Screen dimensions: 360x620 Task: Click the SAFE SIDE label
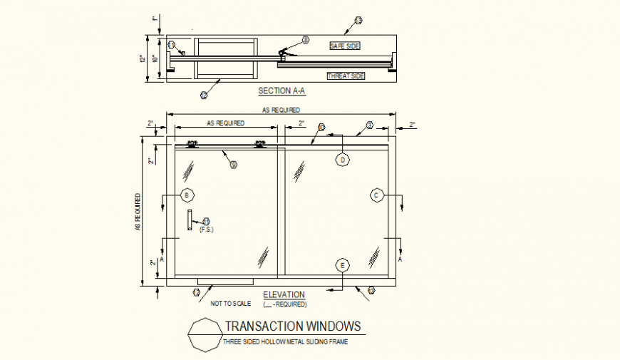[345, 46]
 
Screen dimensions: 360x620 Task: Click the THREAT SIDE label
[346, 76]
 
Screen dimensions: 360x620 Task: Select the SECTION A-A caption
[281, 92]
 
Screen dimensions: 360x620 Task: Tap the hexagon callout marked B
[187, 195]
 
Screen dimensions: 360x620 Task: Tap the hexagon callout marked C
[377, 195]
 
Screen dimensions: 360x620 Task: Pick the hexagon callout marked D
[343, 160]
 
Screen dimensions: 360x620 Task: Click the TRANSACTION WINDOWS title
[293, 326]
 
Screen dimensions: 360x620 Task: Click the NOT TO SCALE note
[231, 304]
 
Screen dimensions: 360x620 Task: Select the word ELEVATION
[284, 294]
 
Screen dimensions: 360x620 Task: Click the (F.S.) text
[206, 230]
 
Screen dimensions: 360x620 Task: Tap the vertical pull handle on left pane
[190, 220]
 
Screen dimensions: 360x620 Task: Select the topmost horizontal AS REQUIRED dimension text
[281, 110]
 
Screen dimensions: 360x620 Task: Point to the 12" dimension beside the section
[143, 58]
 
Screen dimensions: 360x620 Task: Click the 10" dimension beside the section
[154, 59]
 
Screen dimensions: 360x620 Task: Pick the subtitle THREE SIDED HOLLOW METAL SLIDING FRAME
[286, 342]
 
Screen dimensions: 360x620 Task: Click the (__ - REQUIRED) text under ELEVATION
[284, 304]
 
